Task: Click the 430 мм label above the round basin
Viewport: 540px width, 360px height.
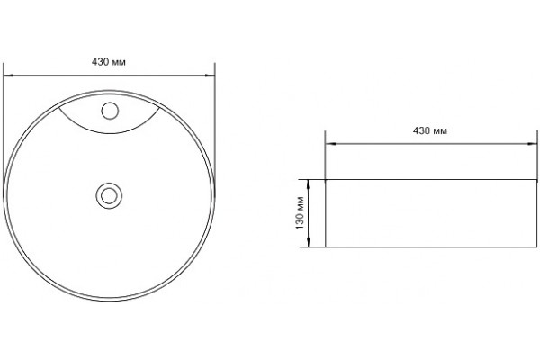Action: click(x=109, y=62)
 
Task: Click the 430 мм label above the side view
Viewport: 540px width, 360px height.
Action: click(x=430, y=130)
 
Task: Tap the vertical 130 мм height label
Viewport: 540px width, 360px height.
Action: click(x=300, y=213)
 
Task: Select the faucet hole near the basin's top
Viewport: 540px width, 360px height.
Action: click(x=110, y=111)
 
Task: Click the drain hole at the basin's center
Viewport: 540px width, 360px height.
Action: click(x=109, y=196)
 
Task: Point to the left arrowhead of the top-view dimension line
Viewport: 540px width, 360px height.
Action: click(x=8, y=75)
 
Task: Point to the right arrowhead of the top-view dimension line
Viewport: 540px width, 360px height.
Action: click(x=210, y=75)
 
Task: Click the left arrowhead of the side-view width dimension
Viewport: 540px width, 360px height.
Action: click(x=330, y=144)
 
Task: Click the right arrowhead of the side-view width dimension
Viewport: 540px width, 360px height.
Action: click(x=533, y=144)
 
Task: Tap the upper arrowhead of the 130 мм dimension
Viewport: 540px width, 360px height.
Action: click(x=308, y=184)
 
